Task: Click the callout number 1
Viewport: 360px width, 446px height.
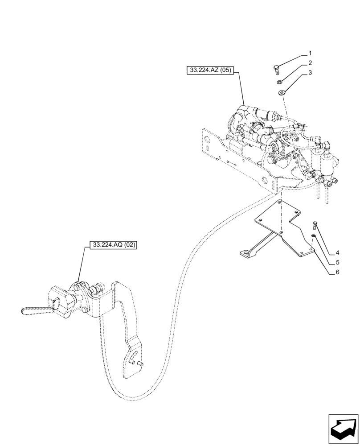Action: click(x=311, y=53)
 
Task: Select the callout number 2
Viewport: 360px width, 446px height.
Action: click(x=311, y=63)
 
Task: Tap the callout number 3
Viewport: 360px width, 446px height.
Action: click(x=311, y=73)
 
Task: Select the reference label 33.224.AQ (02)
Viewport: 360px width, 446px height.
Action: click(x=114, y=245)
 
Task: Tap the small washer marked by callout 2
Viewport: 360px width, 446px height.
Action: click(x=279, y=82)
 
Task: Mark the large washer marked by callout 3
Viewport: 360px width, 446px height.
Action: click(x=282, y=93)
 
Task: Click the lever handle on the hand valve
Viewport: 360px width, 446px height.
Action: click(x=36, y=310)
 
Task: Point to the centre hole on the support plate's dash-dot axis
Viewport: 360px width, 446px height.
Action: click(x=282, y=232)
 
